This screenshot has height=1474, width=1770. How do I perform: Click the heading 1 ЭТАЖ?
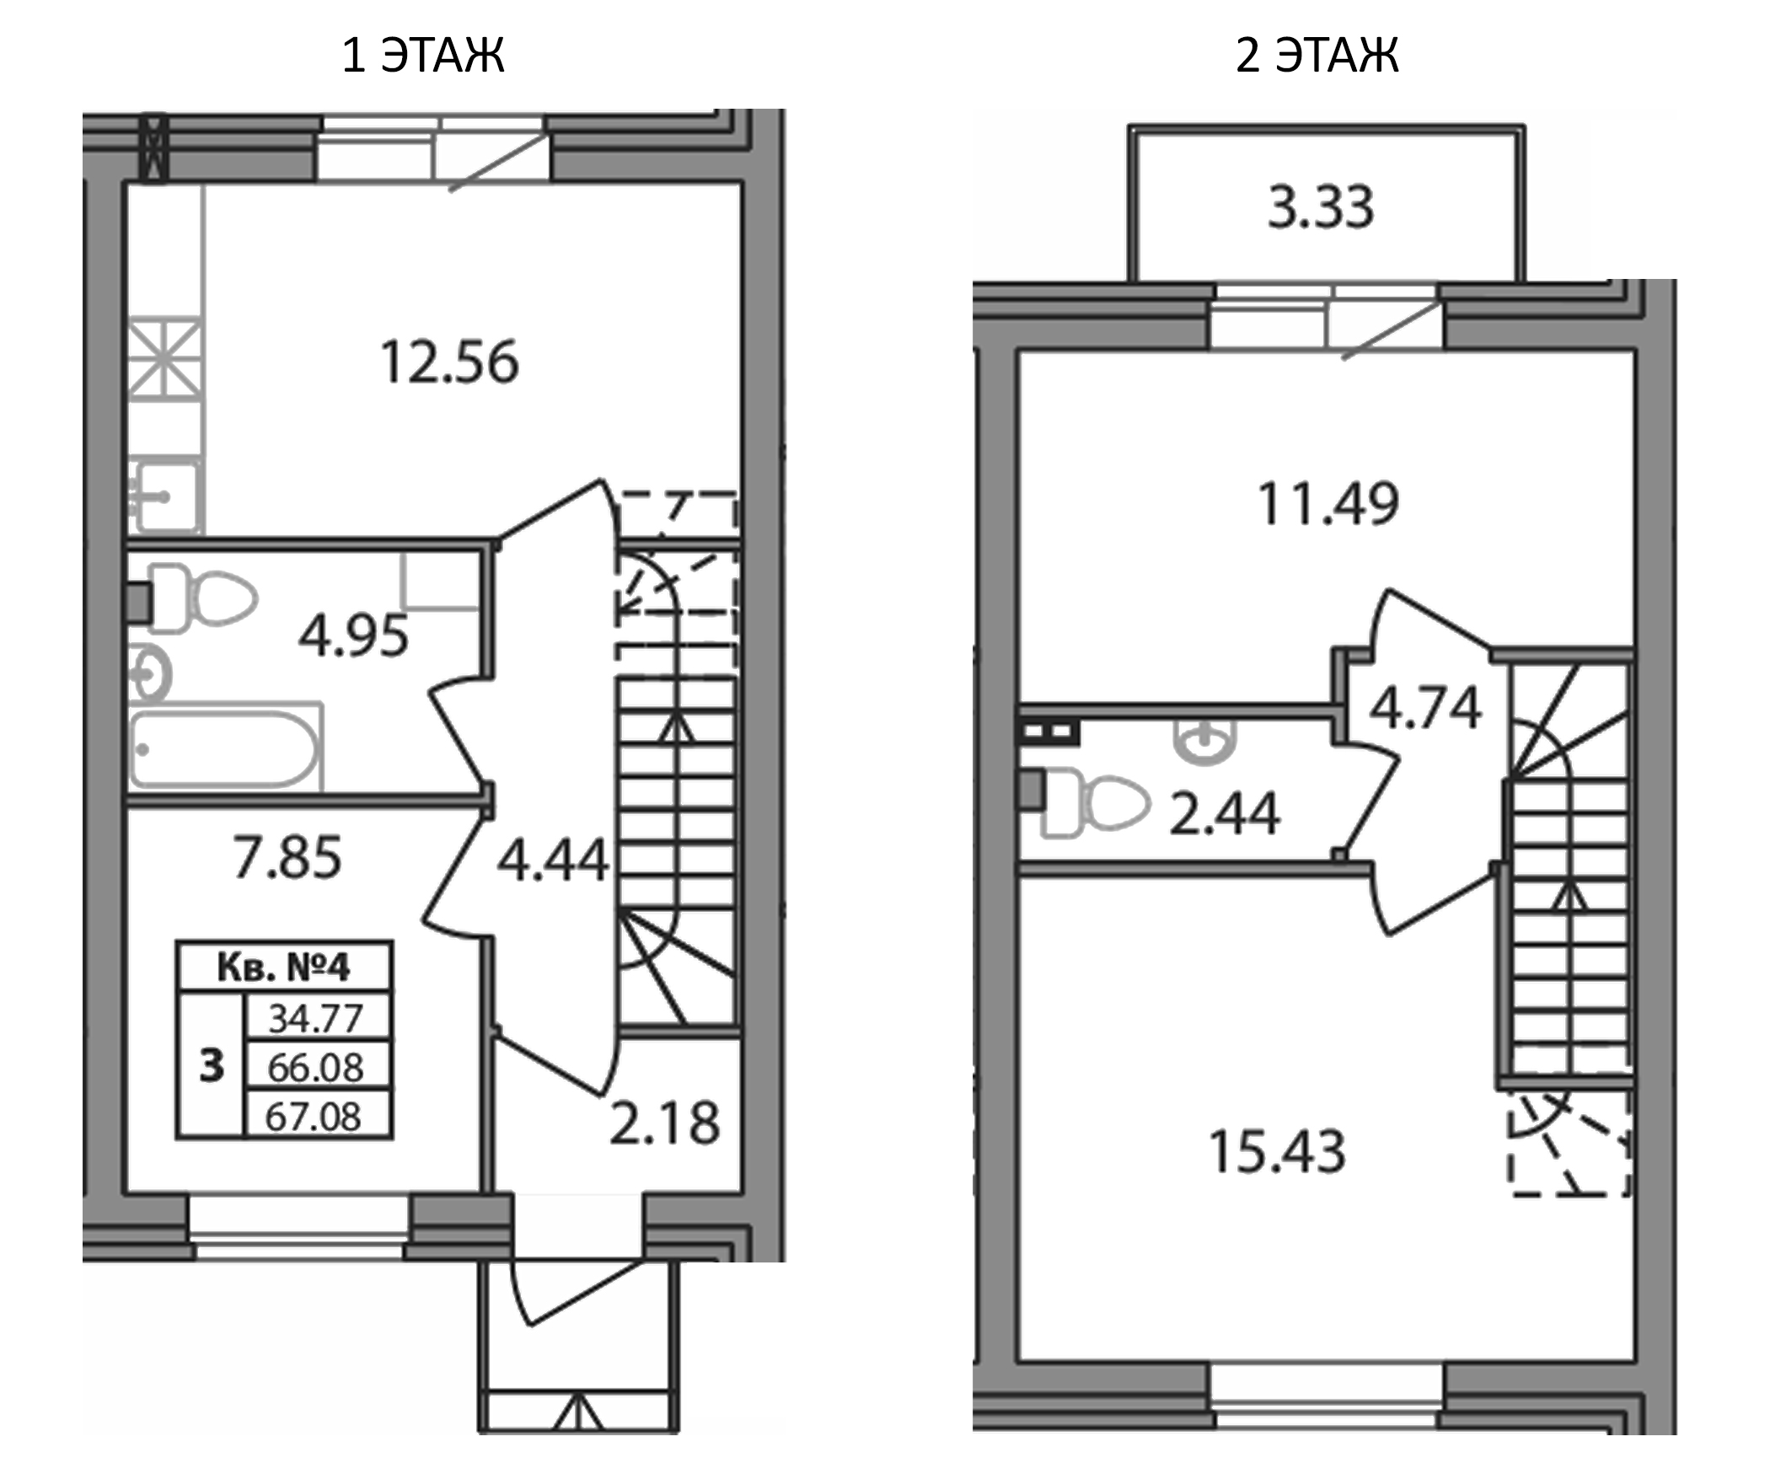pos(423,56)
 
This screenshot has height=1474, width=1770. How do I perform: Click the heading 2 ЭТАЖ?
pos(1317,56)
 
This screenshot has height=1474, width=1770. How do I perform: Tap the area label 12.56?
pos(449,363)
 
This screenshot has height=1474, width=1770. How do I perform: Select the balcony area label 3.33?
pos(1321,207)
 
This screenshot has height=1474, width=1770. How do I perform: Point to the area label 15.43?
pos(1277,1152)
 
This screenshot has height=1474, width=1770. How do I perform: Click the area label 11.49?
pos(1327,504)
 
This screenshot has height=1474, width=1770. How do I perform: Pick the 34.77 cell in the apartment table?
pos(315,1018)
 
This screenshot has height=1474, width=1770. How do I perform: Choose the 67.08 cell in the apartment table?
pos(314,1117)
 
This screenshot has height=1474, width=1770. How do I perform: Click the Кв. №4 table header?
pos(283,967)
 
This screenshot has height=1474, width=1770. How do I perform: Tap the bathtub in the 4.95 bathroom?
pos(224,748)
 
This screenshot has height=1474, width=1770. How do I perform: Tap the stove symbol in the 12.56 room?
pos(165,357)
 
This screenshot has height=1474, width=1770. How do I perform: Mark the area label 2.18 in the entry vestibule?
pos(665,1123)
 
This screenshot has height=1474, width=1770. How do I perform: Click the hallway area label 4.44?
pos(552,860)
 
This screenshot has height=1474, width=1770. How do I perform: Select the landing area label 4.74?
pos(1424,707)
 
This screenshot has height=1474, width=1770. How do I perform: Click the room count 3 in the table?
pos(212,1066)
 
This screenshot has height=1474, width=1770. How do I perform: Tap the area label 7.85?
pos(287,857)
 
